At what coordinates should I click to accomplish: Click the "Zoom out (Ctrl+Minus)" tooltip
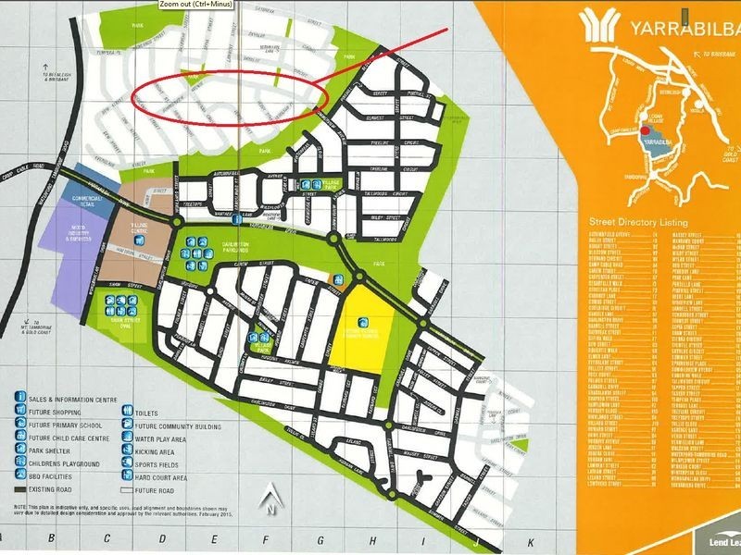coord(195,4)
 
